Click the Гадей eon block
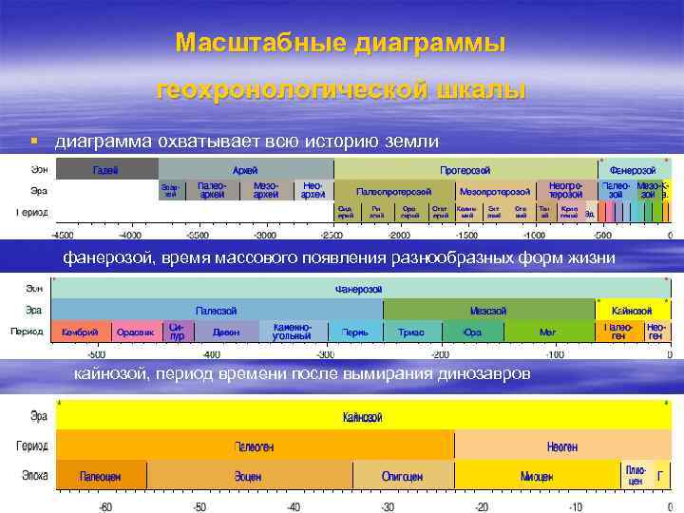click(x=104, y=169)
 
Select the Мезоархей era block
click(x=266, y=190)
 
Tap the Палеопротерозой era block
click(x=393, y=190)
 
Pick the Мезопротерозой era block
click(x=494, y=190)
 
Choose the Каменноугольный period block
click(x=293, y=332)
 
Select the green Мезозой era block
click(x=488, y=311)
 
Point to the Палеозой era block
click(x=217, y=311)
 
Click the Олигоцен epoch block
click(x=402, y=475)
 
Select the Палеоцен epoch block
click(x=100, y=475)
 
